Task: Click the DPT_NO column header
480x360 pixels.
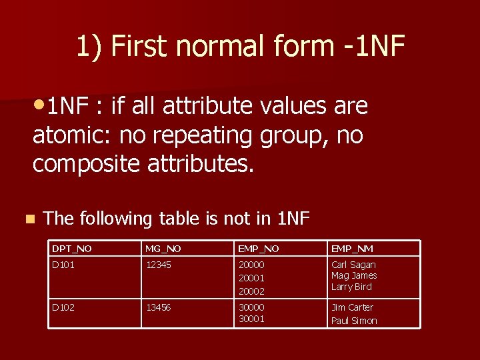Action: coord(72,249)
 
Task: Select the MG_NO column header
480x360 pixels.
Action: coord(163,249)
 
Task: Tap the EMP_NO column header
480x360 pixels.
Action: coord(259,249)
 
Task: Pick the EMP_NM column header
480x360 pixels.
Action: coord(352,249)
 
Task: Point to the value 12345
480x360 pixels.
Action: coord(159,265)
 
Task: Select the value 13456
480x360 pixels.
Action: coord(159,307)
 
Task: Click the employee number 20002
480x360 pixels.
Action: coord(252,291)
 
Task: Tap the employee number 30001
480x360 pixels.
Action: coord(252,319)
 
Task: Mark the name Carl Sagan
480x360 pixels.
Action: coord(353,265)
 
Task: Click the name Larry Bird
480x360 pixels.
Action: coord(351,287)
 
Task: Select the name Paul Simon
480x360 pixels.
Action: coord(354,321)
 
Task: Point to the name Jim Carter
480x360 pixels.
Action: coord(352,307)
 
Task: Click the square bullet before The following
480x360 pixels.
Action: coord(28,218)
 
